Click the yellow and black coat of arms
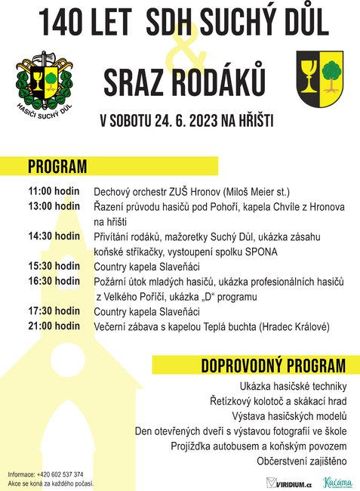click(x=320, y=82)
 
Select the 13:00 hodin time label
click(x=54, y=206)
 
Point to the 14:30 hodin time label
click(x=54, y=236)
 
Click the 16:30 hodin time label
click(x=54, y=281)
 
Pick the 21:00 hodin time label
click(x=54, y=326)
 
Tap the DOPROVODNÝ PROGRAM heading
click(x=273, y=366)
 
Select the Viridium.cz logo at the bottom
click(x=290, y=482)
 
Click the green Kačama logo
click(x=337, y=481)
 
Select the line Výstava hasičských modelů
click(x=289, y=416)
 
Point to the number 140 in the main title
click(x=64, y=23)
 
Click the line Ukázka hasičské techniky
click(x=293, y=386)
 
